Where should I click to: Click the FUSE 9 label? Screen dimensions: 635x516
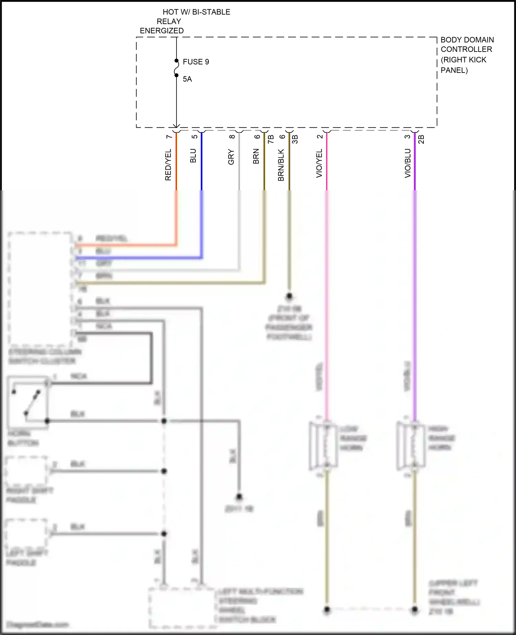coord(196,62)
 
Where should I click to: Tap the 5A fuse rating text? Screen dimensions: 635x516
coord(187,79)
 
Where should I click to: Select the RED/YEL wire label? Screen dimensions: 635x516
coord(168,165)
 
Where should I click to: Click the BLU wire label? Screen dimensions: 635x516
coord(193,156)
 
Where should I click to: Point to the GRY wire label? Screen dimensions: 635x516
coord(231,157)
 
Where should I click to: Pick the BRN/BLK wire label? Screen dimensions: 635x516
coord(281,165)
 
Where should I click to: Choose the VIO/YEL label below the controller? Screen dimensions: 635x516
coord(319,163)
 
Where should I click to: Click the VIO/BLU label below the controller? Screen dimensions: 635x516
coord(407,163)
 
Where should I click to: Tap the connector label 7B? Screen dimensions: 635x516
coord(271,139)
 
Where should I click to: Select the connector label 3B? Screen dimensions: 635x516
coord(295,139)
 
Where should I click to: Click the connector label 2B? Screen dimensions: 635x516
coord(421,139)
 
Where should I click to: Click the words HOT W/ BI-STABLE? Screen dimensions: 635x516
coord(196,12)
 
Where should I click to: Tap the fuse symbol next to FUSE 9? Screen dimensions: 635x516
coord(176,68)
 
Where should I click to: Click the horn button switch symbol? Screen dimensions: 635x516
coord(28,402)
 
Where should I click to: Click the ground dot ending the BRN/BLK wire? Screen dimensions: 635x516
coord(289,296)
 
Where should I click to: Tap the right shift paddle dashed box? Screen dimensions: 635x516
coord(26,471)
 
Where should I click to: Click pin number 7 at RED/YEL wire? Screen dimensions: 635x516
coord(169,137)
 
